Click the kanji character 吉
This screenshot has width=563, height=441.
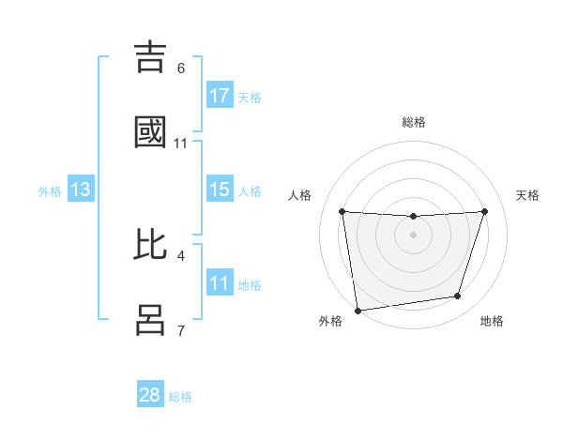click(x=153, y=58)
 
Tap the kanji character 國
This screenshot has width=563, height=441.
click(x=153, y=133)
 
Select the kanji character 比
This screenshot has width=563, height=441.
click(x=153, y=245)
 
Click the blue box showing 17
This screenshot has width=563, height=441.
click(x=220, y=96)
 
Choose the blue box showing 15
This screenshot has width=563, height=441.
click(x=220, y=190)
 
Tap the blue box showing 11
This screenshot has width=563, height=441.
click(x=220, y=283)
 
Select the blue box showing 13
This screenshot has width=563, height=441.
click(x=81, y=190)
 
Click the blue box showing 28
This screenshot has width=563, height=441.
click(x=150, y=395)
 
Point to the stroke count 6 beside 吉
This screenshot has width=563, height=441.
click(x=181, y=68)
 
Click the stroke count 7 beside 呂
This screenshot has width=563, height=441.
click(x=181, y=330)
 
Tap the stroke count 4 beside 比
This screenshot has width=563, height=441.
click(x=181, y=255)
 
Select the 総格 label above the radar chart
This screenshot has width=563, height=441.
click(x=414, y=122)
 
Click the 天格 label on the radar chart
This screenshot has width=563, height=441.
click(x=528, y=195)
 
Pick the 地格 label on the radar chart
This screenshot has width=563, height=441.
click(x=492, y=321)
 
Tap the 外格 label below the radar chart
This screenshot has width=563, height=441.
click(x=330, y=321)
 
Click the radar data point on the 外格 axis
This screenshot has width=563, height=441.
click(x=358, y=310)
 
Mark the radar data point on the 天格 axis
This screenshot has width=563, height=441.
click(x=485, y=211)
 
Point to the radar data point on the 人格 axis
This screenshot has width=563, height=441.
click(x=342, y=211)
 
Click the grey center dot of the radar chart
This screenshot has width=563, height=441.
click(x=414, y=234)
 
